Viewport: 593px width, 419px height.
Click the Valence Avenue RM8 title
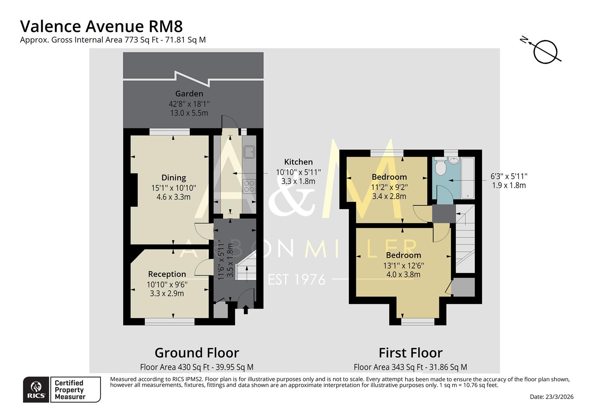pyautogui.click(x=101, y=26)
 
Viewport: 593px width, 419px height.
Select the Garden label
pyautogui.click(x=189, y=93)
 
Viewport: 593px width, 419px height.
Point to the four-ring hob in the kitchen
pyautogui.click(x=249, y=186)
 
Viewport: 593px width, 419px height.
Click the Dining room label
pyautogui.click(x=173, y=178)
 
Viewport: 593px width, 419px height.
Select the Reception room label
pyautogui.click(x=167, y=274)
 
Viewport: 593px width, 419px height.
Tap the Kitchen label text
pyautogui.click(x=298, y=162)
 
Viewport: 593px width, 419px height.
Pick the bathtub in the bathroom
pyautogui.click(x=467, y=178)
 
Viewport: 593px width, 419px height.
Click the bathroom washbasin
pyautogui.click(x=454, y=161)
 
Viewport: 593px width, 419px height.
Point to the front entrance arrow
pyautogui.click(x=245, y=310)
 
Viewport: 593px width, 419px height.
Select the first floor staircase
pyautogui.click(x=465, y=239)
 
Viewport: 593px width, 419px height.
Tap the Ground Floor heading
pyautogui.click(x=197, y=353)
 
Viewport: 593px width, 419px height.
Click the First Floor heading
pyautogui.click(x=410, y=353)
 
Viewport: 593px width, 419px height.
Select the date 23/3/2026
pyautogui.click(x=551, y=396)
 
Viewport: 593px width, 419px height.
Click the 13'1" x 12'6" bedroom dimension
pyautogui.click(x=403, y=266)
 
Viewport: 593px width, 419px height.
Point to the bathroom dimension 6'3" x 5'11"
pyautogui.click(x=509, y=176)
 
